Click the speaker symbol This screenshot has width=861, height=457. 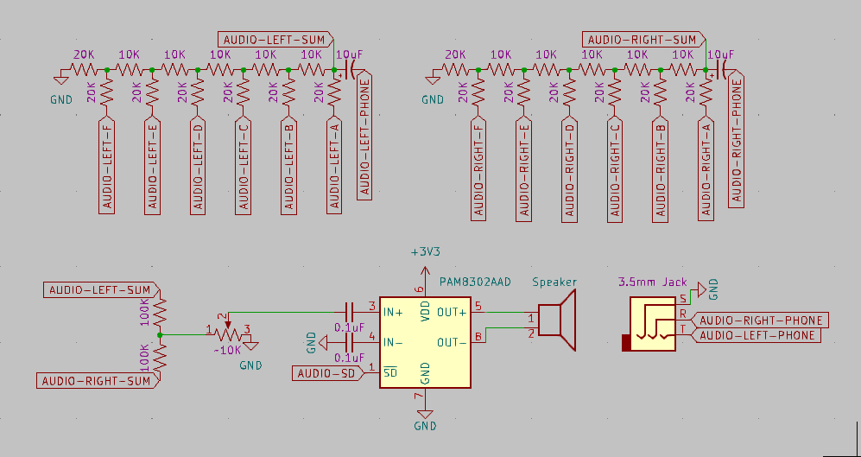click(x=557, y=320)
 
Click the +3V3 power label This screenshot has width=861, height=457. click(x=425, y=252)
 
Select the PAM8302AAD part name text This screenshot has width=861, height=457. click(x=475, y=282)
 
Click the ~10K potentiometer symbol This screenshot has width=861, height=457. click(x=229, y=331)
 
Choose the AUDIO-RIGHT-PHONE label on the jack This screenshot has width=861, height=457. click(x=761, y=321)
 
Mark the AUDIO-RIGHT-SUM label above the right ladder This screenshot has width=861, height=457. click(x=643, y=40)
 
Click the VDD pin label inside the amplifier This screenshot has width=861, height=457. click(x=425, y=312)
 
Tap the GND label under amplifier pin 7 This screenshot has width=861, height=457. click(x=425, y=426)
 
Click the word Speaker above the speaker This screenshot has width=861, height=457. click(x=554, y=282)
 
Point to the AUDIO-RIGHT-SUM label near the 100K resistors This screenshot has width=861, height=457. click(x=96, y=380)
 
